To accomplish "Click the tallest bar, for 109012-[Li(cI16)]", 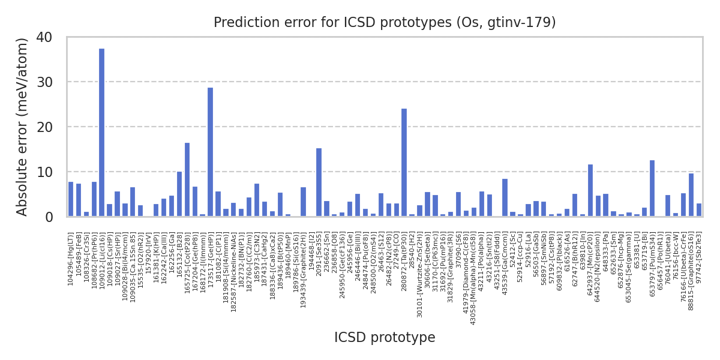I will coord(101,133).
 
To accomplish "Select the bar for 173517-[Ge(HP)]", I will coord(210,152).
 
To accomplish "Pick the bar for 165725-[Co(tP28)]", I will coord(187,180).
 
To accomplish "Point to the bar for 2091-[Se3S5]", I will coord(319,182).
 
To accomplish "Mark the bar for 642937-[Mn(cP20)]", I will coord(590,191).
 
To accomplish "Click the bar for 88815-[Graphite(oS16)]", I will coord(691,195).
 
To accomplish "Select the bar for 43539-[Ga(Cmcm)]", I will coord(505,198).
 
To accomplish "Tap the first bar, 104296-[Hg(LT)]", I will coord(71,199).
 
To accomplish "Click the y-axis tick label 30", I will coord(44,82).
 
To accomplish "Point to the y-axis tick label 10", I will coord(44,172).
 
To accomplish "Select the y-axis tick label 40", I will coord(44,37).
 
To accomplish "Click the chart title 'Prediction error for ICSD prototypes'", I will coord(385,23).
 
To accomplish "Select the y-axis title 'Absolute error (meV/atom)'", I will coord(23,127).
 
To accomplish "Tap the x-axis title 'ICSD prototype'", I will coord(385,338).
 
